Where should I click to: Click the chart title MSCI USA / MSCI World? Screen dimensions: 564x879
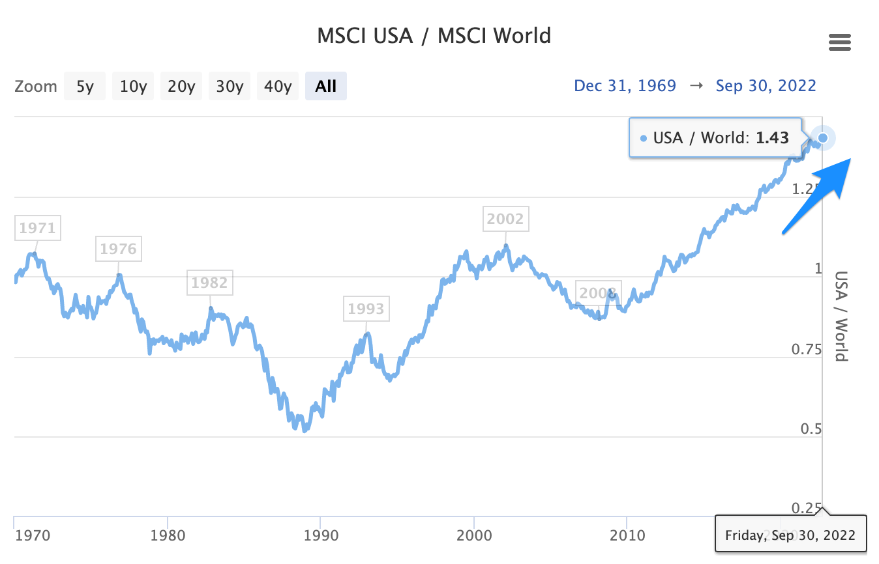coord(434,35)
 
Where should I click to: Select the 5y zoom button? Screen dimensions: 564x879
coord(85,86)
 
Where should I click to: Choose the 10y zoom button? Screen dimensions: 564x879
coord(133,86)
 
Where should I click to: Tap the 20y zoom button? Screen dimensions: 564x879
coord(181,86)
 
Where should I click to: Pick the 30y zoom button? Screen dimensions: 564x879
coord(230,86)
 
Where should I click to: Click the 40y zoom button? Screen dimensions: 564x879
coord(278,86)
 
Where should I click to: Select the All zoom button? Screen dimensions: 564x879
coord(325,86)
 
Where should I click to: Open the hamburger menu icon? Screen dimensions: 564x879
coord(839,43)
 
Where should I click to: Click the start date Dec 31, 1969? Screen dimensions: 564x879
coord(625,85)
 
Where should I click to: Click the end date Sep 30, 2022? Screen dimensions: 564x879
coord(766,85)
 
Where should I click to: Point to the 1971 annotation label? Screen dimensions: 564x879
coord(37,228)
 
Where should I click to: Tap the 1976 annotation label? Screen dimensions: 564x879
coord(118,249)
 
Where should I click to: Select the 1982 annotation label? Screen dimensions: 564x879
coord(209,283)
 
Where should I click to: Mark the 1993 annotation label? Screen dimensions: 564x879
coord(366,309)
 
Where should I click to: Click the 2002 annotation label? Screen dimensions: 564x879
coord(505,219)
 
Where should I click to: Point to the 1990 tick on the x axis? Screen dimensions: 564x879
coord(320,535)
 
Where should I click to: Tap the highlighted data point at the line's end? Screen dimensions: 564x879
coord(823,138)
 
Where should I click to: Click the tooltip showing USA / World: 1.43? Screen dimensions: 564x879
coord(714,137)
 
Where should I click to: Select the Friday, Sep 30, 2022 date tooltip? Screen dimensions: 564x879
coord(790,534)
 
